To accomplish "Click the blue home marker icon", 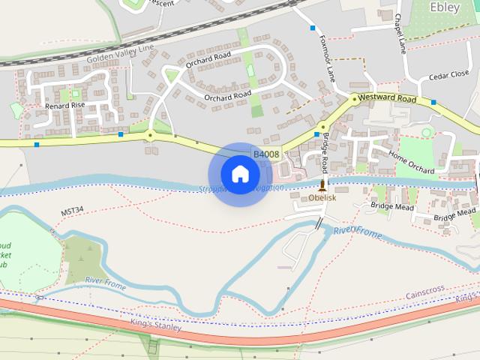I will [240, 174].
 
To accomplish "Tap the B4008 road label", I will [266, 154].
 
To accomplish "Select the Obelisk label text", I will [322, 198].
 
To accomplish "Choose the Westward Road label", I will [386, 98].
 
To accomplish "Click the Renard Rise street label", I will [65, 106].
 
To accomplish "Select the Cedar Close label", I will [450, 73].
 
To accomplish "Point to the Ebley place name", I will [445, 7].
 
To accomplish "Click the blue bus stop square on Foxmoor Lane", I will [313, 28].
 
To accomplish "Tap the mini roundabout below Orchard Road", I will [150, 136].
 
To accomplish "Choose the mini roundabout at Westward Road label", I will [354, 98].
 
